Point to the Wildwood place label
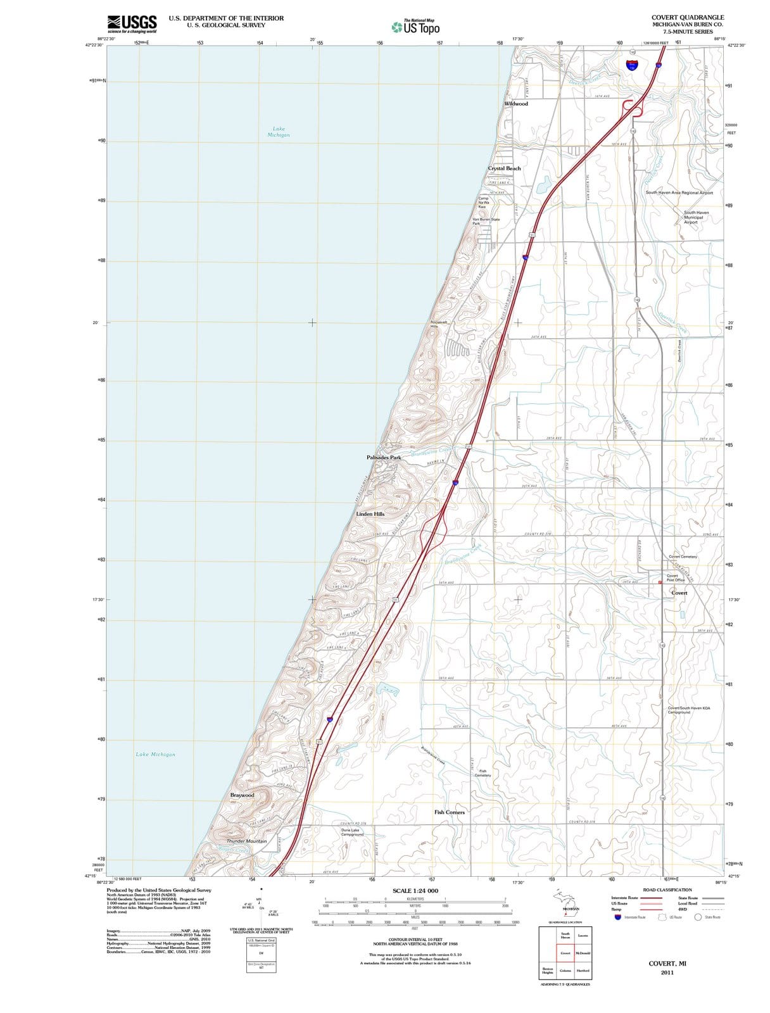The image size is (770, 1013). [516, 104]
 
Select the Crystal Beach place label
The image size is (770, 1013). [504, 168]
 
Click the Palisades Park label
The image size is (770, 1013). [384, 457]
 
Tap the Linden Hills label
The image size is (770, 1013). [370, 514]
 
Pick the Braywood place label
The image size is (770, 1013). [242, 795]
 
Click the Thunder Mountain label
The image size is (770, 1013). [247, 841]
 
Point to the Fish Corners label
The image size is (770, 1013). [450, 812]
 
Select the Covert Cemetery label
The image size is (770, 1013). [683, 557]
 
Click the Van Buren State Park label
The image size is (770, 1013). [486, 221]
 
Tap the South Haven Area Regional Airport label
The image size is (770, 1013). [679, 192]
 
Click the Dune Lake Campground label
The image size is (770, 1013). [352, 832]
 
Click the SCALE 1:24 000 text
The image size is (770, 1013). [415, 891]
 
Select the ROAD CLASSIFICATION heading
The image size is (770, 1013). [667, 890]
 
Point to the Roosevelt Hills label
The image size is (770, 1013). [439, 324]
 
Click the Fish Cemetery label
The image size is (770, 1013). [483, 773]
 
